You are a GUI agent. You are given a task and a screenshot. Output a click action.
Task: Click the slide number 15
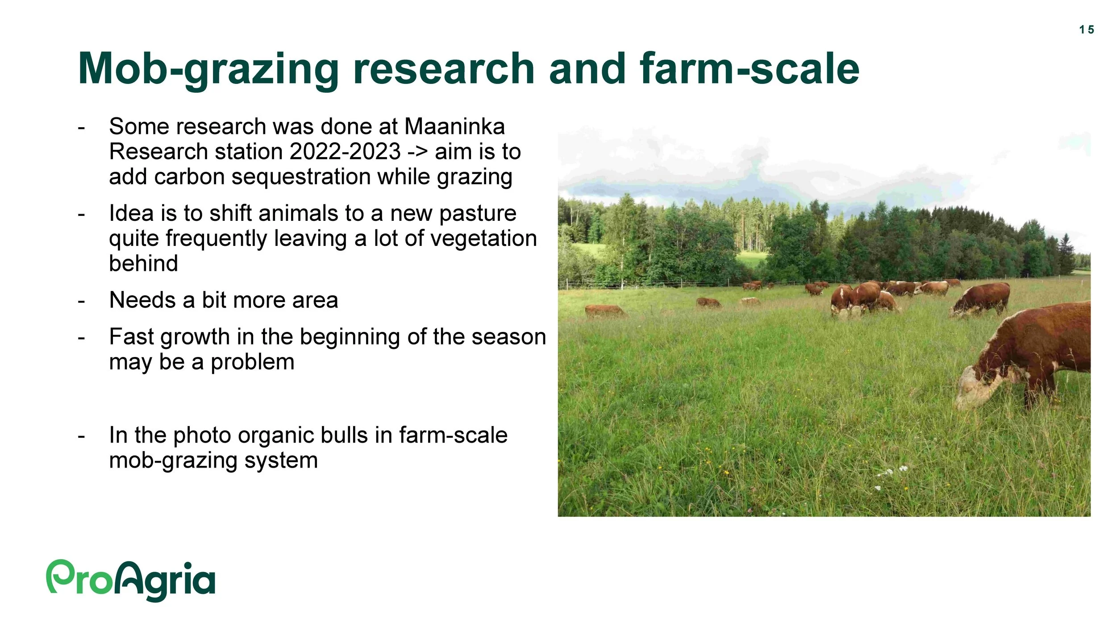(x=1087, y=30)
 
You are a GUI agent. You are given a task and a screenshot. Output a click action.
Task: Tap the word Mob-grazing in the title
(x=208, y=70)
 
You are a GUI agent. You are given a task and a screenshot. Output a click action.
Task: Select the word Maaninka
(x=454, y=126)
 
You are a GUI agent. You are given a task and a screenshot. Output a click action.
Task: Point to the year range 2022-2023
(x=345, y=152)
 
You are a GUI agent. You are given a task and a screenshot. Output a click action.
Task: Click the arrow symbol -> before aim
(x=418, y=152)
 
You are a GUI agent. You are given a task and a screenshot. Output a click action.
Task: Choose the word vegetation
(x=475, y=239)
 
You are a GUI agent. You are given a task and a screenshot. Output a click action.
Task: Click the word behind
(x=144, y=263)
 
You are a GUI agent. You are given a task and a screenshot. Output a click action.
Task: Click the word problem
(x=253, y=362)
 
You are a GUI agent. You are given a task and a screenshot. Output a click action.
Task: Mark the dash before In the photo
(x=81, y=436)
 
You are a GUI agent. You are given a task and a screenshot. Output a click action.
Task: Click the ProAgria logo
(x=131, y=580)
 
